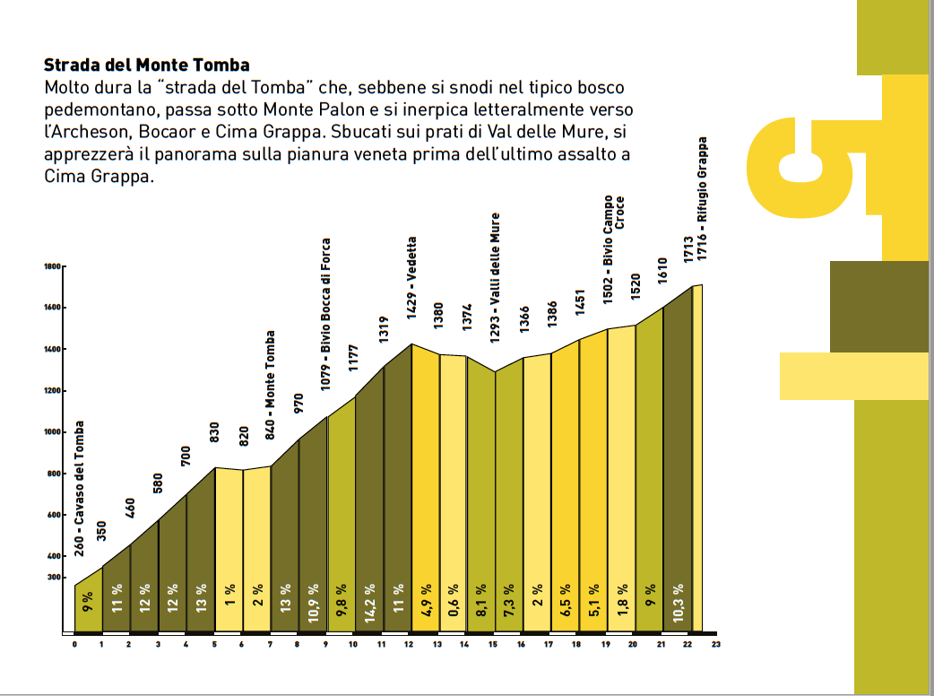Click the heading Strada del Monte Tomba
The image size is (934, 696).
147,65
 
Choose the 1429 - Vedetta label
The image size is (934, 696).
412,278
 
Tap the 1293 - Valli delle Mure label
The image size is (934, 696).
495,278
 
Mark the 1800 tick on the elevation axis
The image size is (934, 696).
51,266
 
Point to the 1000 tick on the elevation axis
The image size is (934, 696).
51,432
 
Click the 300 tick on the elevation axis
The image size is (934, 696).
53,578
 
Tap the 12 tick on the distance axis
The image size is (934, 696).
409,644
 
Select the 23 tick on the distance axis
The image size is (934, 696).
716,644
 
